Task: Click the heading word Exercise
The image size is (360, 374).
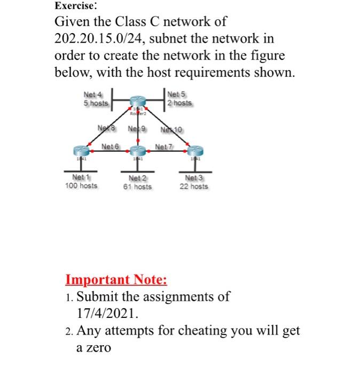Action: click(x=75, y=6)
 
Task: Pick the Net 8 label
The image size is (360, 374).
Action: click(x=107, y=128)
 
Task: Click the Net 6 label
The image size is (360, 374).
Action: click(x=111, y=146)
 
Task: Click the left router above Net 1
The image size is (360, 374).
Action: click(x=81, y=151)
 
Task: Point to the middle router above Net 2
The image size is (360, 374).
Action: click(x=138, y=151)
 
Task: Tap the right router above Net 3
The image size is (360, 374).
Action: click(x=196, y=151)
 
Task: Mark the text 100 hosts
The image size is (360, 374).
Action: click(x=81, y=186)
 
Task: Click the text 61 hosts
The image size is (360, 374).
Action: click(x=138, y=186)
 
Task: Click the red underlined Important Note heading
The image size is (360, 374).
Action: click(x=116, y=279)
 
